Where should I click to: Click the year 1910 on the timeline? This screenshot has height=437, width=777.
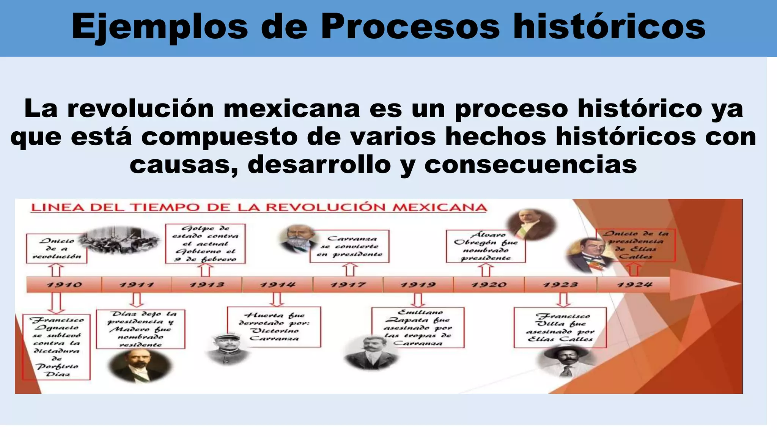click(64, 285)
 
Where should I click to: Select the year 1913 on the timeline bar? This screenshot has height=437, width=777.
click(207, 285)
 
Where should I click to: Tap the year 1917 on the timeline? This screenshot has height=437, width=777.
click(348, 285)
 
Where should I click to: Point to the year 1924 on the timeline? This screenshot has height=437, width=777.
click(634, 285)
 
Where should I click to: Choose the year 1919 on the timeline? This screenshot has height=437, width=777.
click(418, 285)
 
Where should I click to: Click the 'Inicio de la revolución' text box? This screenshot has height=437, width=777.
click(57, 248)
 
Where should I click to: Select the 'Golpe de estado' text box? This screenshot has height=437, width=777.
click(205, 244)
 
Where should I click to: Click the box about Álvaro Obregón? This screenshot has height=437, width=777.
click(486, 246)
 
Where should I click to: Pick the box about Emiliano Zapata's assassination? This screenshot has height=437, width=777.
click(418, 327)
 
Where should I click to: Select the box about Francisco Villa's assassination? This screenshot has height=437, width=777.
click(560, 327)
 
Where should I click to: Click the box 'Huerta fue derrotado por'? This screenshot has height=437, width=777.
click(274, 327)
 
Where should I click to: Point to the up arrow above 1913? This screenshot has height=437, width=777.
click(205, 270)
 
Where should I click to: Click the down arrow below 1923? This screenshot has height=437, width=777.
click(563, 300)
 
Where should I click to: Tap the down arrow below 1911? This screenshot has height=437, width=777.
click(136, 300)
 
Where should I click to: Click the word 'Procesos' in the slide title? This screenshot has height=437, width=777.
click(411, 27)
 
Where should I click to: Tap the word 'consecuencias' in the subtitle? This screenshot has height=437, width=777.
click(530, 165)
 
